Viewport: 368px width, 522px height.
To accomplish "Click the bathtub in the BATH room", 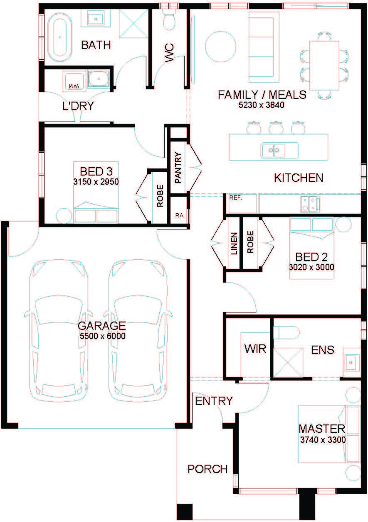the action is [60, 37].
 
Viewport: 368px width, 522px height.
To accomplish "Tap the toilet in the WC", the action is [169, 20].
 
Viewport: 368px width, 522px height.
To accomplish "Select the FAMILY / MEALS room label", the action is [262, 95].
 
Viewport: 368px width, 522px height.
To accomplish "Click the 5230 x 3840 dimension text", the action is [261, 105].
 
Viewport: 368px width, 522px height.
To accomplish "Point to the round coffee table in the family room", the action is [221, 46].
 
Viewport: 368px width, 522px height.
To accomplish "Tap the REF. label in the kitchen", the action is [236, 198].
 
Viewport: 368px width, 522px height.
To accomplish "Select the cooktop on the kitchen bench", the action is [310, 204].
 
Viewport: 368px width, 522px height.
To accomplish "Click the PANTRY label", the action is [178, 168].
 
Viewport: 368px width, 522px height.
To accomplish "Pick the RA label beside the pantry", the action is [179, 215].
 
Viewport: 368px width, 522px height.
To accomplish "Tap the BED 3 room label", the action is [96, 172].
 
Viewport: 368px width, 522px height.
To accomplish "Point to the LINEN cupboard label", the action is [234, 243].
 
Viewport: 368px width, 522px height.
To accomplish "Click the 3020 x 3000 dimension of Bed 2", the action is [311, 267].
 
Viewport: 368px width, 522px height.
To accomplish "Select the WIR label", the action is [255, 349].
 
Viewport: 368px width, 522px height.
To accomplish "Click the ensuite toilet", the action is [286, 332].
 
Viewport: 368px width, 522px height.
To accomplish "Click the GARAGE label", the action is [102, 326].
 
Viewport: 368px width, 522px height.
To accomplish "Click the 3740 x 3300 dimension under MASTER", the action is [323, 440].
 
